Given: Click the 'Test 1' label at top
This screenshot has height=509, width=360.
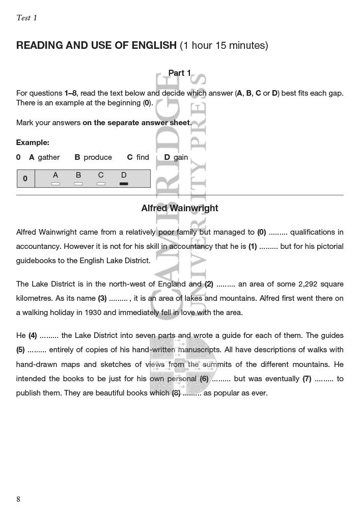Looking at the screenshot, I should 26,18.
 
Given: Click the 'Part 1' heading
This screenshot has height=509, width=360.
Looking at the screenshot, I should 180,73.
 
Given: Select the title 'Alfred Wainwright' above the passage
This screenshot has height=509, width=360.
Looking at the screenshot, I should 180,208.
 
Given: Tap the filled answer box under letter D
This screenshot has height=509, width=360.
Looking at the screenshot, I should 124,183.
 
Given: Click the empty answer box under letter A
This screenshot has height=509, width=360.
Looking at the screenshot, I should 56,183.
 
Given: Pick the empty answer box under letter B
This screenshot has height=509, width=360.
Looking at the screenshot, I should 78,183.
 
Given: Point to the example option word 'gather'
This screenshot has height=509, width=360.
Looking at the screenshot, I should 49,157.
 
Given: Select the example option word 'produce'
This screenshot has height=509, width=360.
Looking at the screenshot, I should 98,157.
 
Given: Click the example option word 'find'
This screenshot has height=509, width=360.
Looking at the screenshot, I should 143,157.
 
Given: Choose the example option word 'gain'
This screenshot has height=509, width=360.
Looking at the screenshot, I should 181,157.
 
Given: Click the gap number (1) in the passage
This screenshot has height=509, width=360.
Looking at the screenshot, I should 253,246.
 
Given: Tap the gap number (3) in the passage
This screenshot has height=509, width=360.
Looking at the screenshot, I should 102,298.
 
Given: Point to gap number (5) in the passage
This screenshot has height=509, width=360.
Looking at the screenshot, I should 20,350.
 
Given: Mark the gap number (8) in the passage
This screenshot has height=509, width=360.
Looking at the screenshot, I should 175,393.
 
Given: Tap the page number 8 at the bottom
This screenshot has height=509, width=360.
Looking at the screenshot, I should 18,499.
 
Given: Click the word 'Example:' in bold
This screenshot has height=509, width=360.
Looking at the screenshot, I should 33,143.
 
